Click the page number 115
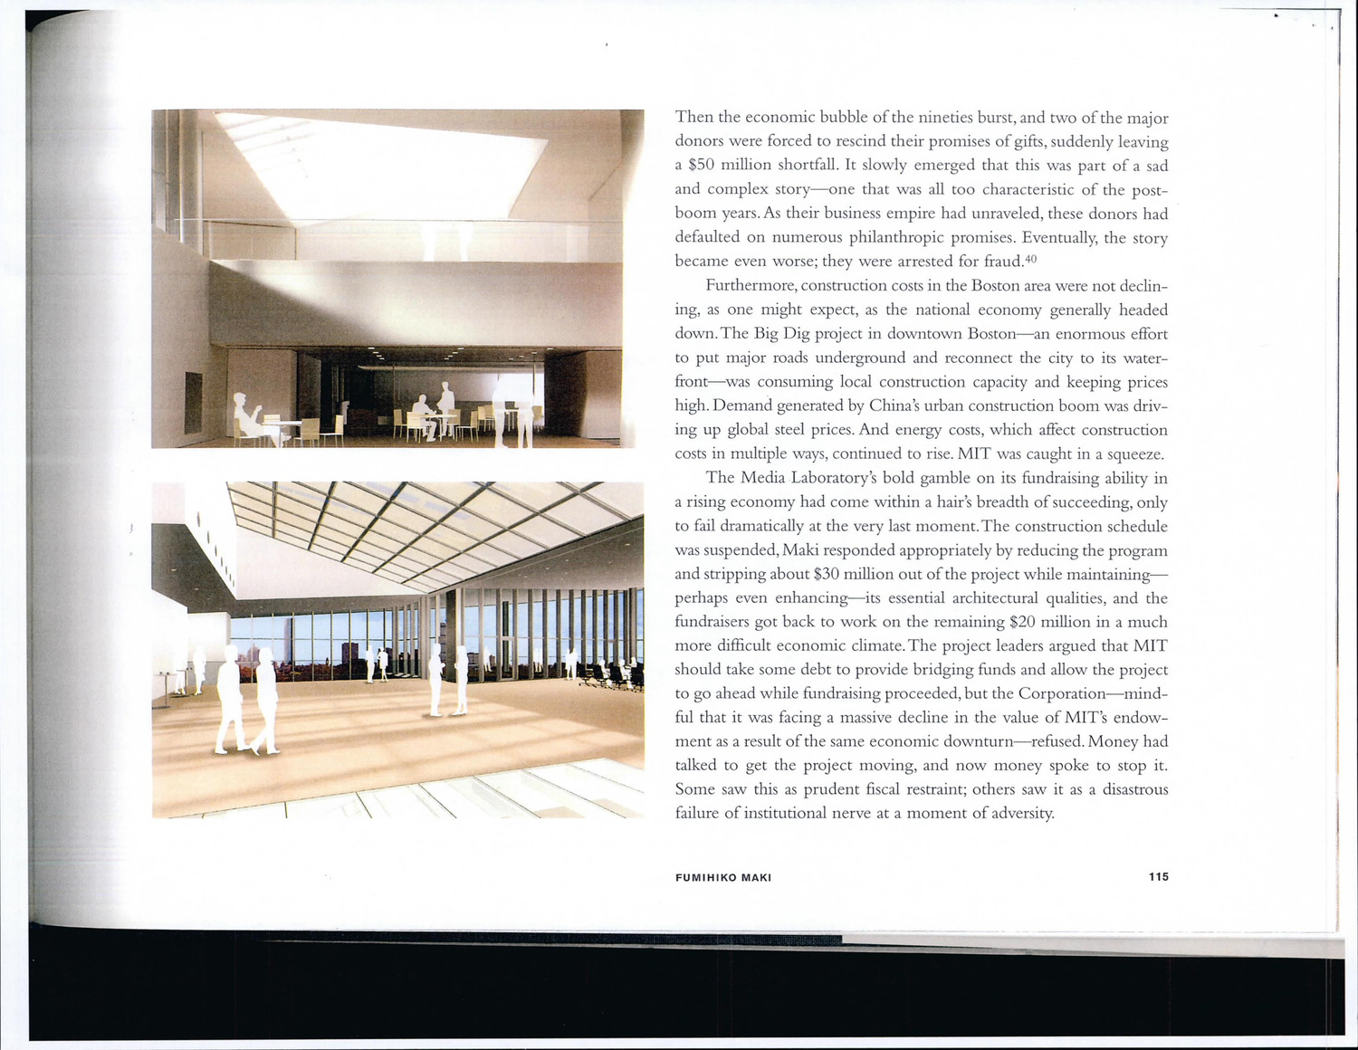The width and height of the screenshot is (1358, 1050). (x=1158, y=876)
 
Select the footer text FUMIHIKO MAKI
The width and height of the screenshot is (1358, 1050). (x=722, y=877)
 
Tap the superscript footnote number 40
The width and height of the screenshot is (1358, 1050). (x=1029, y=259)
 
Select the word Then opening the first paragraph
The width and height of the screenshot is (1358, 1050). (x=694, y=118)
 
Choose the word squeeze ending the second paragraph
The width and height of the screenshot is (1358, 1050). (x=1133, y=454)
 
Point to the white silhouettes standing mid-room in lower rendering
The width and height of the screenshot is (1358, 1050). (x=448, y=679)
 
